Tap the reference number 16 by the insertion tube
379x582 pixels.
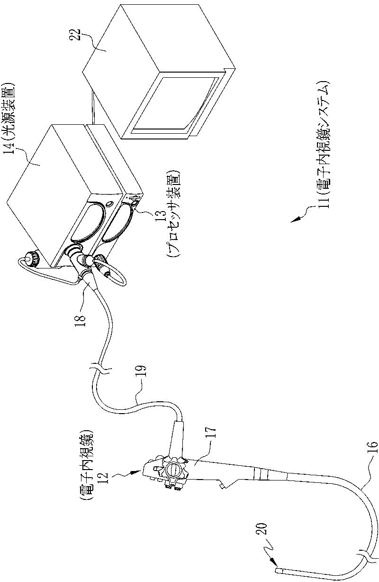[372, 449]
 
